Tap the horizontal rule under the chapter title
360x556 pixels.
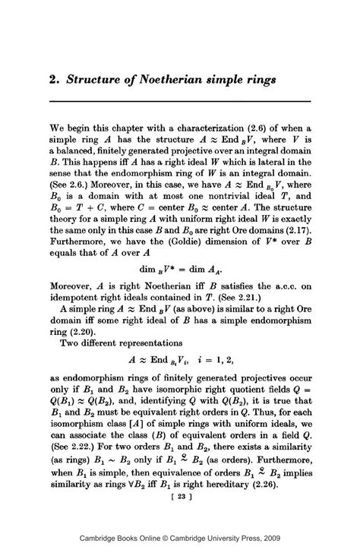(180, 101)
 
